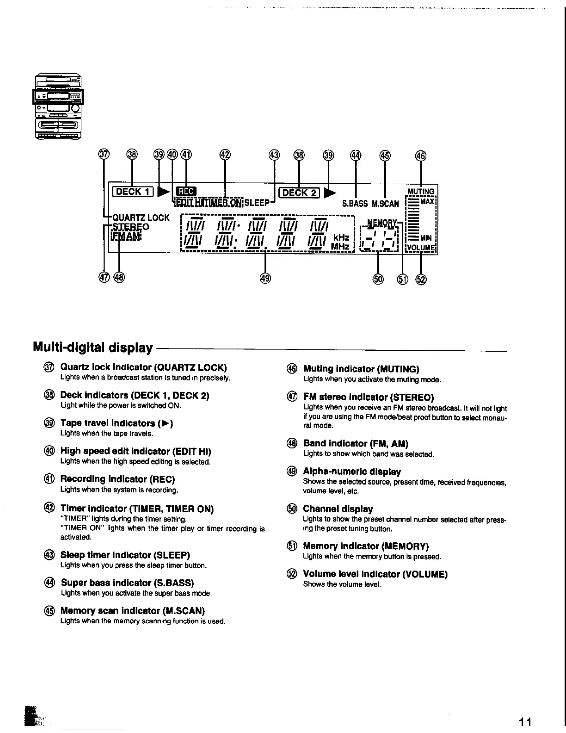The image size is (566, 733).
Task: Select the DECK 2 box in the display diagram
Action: coord(299,193)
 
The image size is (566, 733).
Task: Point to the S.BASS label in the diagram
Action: coord(355,204)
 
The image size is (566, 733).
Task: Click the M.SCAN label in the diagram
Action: coord(385,204)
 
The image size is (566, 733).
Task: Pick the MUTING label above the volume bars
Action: coord(421,192)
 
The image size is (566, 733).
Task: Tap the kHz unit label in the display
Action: coord(341,237)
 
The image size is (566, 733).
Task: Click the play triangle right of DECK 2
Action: coord(330,193)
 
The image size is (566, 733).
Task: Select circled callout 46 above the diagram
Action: coord(420,155)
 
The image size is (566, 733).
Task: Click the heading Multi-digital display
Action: coord(93,348)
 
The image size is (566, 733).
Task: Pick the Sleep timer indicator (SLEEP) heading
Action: coord(125,555)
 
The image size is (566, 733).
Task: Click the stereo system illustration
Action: coord(58,106)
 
